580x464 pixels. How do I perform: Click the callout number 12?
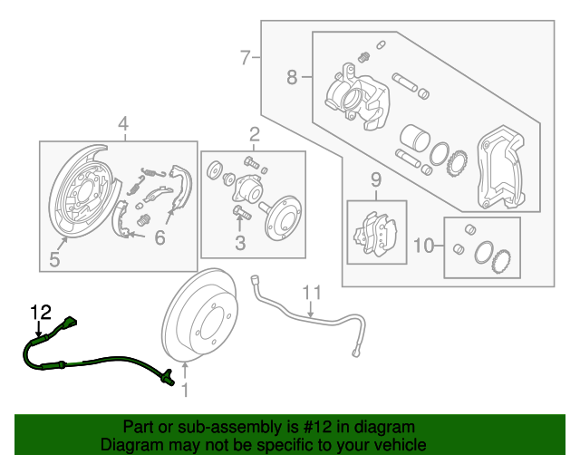point(41,313)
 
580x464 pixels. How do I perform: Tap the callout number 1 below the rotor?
point(185,391)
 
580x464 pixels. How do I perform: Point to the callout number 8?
point(292,78)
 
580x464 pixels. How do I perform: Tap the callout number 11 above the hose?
point(312,292)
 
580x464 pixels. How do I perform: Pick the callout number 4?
point(122,124)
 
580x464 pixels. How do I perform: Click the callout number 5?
point(54,261)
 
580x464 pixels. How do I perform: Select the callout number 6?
point(159,238)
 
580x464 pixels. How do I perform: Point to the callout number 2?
point(254,136)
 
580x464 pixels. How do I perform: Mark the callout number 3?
point(240,243)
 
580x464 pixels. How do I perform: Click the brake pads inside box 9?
point(376,232)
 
